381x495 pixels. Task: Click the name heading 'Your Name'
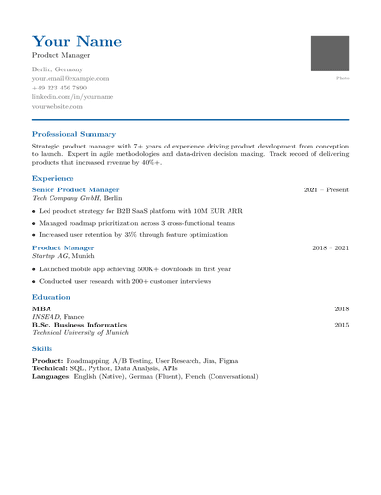pos(77,42)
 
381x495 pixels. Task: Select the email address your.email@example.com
pos(70,79)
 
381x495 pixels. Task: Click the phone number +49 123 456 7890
pos(65,88)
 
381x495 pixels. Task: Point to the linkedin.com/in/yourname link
pos(72,97)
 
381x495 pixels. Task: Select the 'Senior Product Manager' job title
pos(76,189)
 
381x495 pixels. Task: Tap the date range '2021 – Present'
pos(326,189)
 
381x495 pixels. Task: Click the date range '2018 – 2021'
pos(331,247)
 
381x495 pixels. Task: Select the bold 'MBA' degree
pos(42,309)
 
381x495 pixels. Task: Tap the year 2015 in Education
pos(341,325)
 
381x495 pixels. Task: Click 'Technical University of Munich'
pos(80,333)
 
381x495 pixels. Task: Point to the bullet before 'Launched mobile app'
pos(34,269)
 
